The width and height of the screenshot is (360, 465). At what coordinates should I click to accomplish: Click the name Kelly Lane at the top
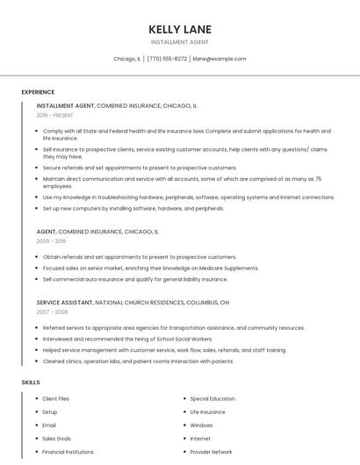tap(180, 29)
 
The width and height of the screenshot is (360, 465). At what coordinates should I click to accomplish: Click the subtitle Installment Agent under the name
tap(180, 42)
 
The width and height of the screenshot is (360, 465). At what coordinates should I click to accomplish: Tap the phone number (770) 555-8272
tap(167, 59)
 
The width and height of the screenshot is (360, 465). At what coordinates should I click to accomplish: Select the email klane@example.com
tap(220, 59)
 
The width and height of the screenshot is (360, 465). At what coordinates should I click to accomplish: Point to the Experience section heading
tap(38, 92)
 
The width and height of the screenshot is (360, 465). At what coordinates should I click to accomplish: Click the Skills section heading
tap(31, 383)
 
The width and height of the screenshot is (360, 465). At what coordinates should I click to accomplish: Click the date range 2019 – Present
tap(54, 115)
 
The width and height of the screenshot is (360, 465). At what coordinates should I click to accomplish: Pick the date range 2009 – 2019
tap(51, 240)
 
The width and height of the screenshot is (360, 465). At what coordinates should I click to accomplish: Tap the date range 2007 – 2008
tap(51, 311)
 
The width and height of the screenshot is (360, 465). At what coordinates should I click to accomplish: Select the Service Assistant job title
tap(64, 302)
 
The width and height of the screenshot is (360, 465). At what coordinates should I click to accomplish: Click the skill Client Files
tap(55, 398)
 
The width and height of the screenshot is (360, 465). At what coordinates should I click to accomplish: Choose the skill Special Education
tap(212, 398)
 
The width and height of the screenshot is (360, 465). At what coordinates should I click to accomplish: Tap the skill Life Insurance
tap(207, 411)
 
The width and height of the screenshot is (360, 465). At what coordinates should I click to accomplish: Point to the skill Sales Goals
tap(56, 439)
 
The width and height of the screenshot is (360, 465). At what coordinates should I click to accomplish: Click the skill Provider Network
tap(211, 452)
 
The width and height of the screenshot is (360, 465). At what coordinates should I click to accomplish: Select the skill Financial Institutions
tap(68, 452)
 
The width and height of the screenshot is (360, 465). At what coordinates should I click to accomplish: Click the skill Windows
tap(201, 426)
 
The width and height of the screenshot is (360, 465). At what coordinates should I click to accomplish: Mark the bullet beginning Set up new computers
tap(133, 209)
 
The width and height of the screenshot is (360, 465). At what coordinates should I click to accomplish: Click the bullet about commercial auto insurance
tap(135, 279)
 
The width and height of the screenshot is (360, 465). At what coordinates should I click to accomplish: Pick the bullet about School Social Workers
tap(127, 339)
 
